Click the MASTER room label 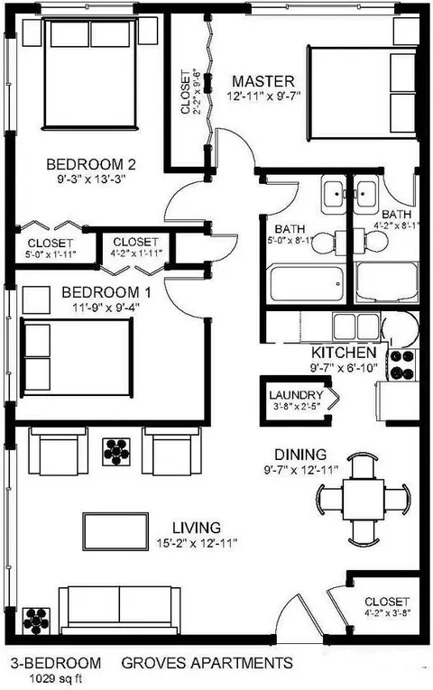click(263, 81)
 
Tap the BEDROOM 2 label click(90, 164)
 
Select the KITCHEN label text click(344, 353)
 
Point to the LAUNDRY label click(296, 395)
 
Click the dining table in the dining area click(364, 500)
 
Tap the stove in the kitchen click(402, 364)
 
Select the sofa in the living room click(120, 611)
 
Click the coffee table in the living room click(115, 531)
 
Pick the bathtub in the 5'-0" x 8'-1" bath click(307, 284)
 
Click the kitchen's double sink click(356, 327)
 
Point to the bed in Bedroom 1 click(77, 358)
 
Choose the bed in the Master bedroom click(362, 93)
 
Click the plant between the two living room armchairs click(116, 452)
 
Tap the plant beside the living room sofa click(36, 621)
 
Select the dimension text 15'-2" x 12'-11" click(197, 544)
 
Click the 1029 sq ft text click(56, 678)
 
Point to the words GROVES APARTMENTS click(207, 663)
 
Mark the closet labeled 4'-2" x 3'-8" click(384, 605)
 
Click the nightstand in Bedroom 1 click(36, 299)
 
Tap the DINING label click(300, 454)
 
